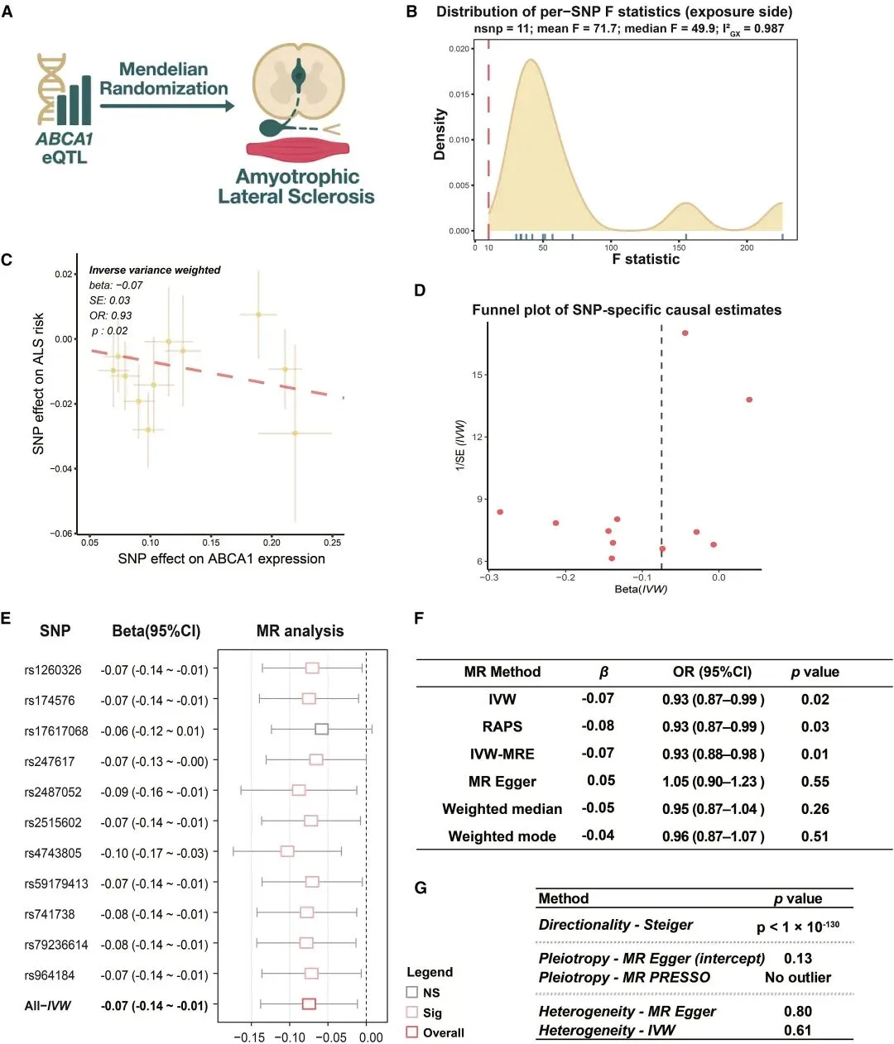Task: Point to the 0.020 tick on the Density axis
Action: point(459,50)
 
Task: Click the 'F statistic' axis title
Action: point(646,259)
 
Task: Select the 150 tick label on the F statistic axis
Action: point(679,247)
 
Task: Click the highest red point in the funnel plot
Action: point(685,333)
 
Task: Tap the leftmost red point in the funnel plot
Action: point(500,512)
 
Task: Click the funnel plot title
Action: point(627,310)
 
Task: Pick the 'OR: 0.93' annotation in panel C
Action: point(110,315)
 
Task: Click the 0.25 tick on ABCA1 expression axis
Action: point(332,543)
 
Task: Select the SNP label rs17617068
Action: point(56,731)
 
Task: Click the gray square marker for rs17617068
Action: point(322,729)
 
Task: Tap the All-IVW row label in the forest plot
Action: point(48,1006)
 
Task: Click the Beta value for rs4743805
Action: point(154,853)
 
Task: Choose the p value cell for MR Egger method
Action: point(815,782)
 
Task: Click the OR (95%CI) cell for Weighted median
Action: point(713,809)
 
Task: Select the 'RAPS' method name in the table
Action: point(502,726)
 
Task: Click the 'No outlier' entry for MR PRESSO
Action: point(797,978)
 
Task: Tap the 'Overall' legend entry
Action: point(443,1032)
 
